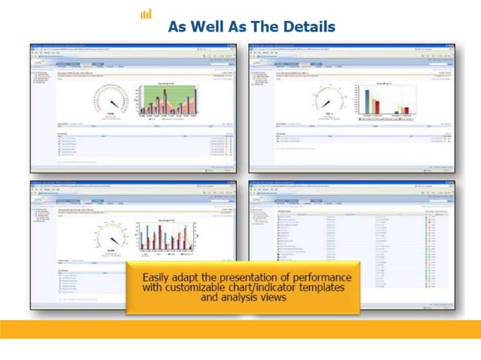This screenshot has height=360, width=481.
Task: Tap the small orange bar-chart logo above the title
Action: [x=146, y=14]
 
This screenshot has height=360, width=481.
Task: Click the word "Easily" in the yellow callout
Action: [x=160, y=277]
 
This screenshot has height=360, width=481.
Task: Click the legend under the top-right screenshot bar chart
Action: [x=386, y=119]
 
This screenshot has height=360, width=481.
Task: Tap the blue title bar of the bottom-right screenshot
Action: [x=351, y=183]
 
